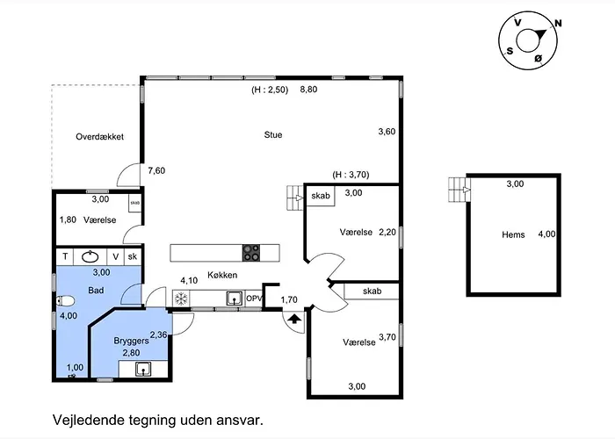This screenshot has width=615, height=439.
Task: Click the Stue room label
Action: coord(273,135)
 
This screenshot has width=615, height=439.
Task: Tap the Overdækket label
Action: coord(99,137)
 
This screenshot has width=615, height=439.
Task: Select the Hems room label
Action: coord(513,234)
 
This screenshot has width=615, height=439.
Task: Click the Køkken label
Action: coord(222,275)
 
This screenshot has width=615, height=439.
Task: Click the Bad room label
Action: coord(96,290)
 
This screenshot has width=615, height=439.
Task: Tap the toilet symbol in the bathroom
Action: coord(65,301)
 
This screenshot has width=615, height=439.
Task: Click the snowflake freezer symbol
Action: coord(181,299)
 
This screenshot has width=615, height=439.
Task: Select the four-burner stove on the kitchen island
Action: coord(251,253)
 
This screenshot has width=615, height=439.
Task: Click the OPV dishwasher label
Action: coord(254,299)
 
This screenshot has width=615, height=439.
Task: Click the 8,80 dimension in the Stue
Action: coord(308,90)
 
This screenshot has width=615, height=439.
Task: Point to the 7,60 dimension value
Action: coord(156,170)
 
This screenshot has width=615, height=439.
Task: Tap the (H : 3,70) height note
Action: coord(351,175)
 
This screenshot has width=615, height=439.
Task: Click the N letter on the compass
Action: coord(558,24)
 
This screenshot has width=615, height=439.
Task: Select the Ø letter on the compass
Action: coord(538,59)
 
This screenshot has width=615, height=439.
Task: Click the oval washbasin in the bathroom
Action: coord(90,256)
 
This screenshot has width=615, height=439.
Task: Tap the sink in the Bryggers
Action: coord(143,369)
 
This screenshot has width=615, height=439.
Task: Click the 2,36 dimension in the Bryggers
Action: coord(158,335)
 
